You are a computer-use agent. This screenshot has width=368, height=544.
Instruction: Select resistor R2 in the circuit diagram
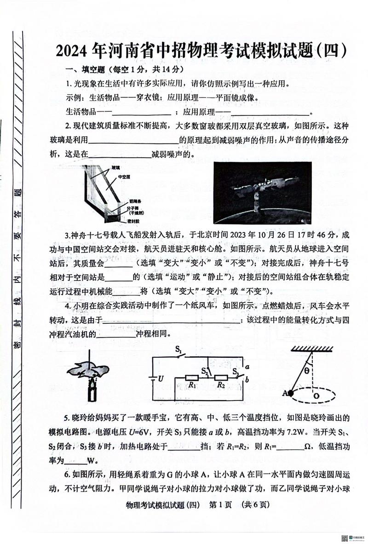pos(221,378)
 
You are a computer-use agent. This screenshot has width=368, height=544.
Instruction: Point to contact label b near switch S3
pos(247,380)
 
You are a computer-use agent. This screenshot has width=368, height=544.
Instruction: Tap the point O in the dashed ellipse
pos(316,395)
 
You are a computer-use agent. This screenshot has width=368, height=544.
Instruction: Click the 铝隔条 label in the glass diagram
pos(124,201)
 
